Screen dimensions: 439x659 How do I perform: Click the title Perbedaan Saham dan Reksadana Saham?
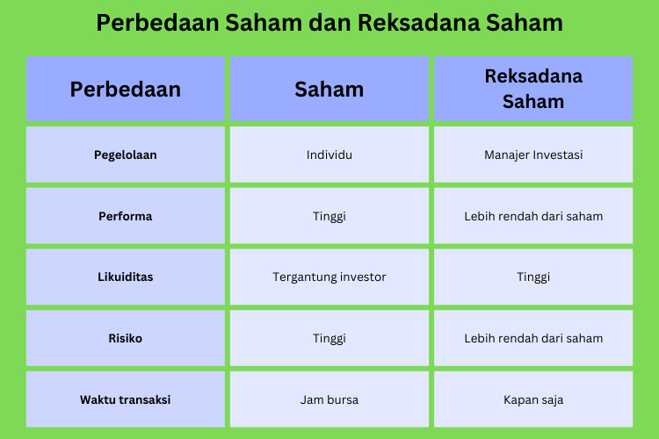point(329,23)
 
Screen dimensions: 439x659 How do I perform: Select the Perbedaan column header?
point(126,89)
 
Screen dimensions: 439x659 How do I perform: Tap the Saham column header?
point(329,89)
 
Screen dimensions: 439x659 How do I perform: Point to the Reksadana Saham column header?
point(533,89)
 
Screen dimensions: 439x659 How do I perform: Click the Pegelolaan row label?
point(126,155)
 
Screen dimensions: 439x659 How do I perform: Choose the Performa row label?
point(126,216)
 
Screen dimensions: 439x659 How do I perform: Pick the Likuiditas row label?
point(126,277)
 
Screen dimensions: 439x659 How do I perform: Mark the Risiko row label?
point(126,338)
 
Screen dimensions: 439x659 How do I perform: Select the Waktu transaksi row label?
point(126,399)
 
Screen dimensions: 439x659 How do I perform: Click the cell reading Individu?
point(329,155)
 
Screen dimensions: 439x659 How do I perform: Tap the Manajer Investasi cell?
point(533,155)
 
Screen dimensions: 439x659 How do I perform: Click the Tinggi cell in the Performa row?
point(329,216)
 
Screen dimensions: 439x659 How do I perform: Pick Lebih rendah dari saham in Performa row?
point(533,216)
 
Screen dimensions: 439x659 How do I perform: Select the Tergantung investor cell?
point(329,277)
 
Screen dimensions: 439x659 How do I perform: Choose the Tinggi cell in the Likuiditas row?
point(533,277)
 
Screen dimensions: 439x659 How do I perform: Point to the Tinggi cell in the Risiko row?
point(329,338)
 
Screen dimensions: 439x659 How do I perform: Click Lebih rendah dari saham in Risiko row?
point(533,338)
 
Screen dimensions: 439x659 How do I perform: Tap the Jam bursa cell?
point(329,399)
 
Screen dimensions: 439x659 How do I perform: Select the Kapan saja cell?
point(533,399)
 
